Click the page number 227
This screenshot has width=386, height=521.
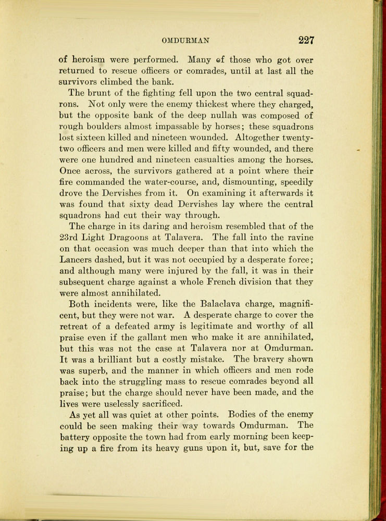pos(307,40)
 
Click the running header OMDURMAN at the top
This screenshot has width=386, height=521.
pos(186,40)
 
